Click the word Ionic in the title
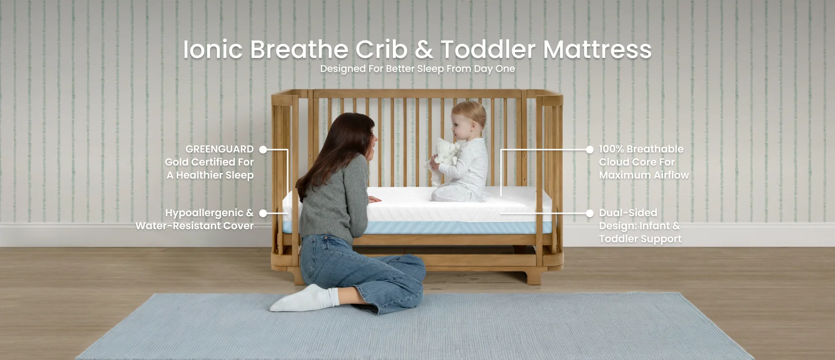pos(212,49)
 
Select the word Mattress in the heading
pos(597,49)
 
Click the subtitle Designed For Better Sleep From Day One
pos(417,69)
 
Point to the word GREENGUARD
pos(220,149)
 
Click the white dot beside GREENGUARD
pos(263,150)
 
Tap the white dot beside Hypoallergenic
pos(263,213)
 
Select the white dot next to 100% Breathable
pos(589,150)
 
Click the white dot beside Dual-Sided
pos(589,213)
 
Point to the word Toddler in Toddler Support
pos(618,239)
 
